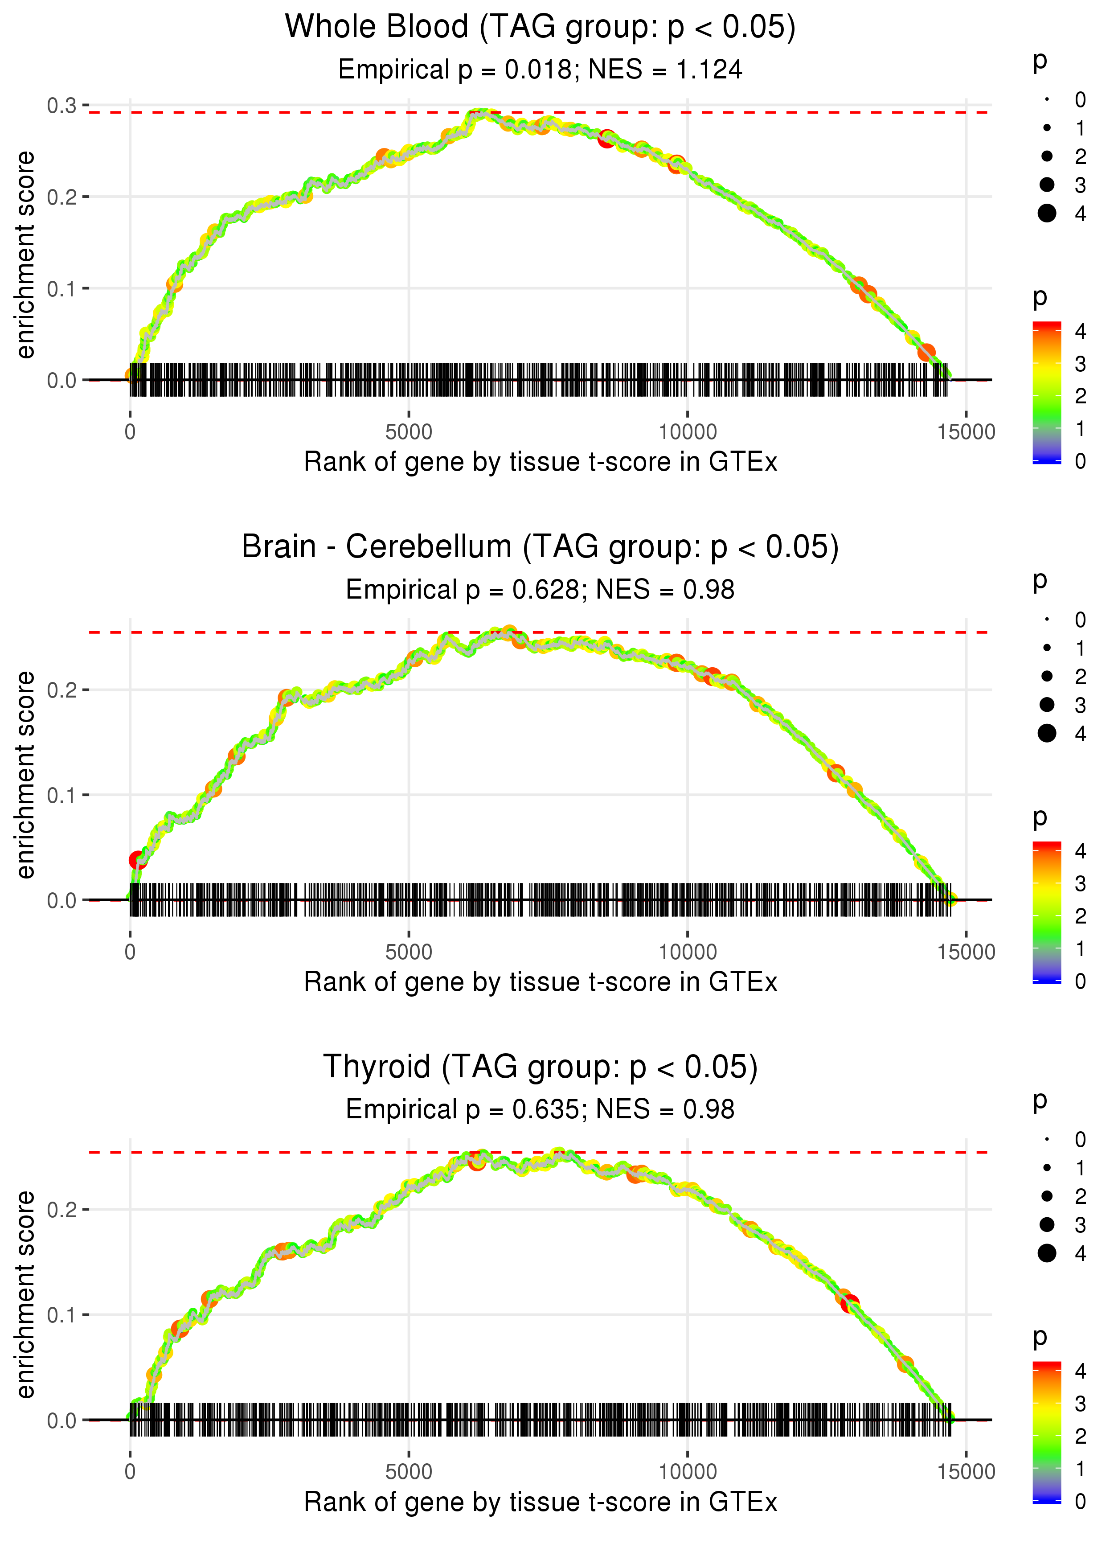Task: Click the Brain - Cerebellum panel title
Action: tap(540, 547)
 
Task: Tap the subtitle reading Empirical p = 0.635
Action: tap(464, 1109)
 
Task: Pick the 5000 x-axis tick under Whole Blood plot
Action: tap(409, 432)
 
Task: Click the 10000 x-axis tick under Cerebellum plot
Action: tap(687, 952)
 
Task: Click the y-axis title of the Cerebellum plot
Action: tap(25, 775)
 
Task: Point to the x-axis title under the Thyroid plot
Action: tap(540, 1503)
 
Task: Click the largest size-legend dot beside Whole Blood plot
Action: tap(1047, 213)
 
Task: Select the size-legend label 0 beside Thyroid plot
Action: tap(1081, 1140)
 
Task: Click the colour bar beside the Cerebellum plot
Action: tap(1047, 912)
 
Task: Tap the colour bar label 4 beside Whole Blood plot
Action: tap(1081, 331)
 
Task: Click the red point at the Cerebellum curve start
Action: tap(138, 860)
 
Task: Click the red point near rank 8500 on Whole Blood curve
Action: tap(606, 139)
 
